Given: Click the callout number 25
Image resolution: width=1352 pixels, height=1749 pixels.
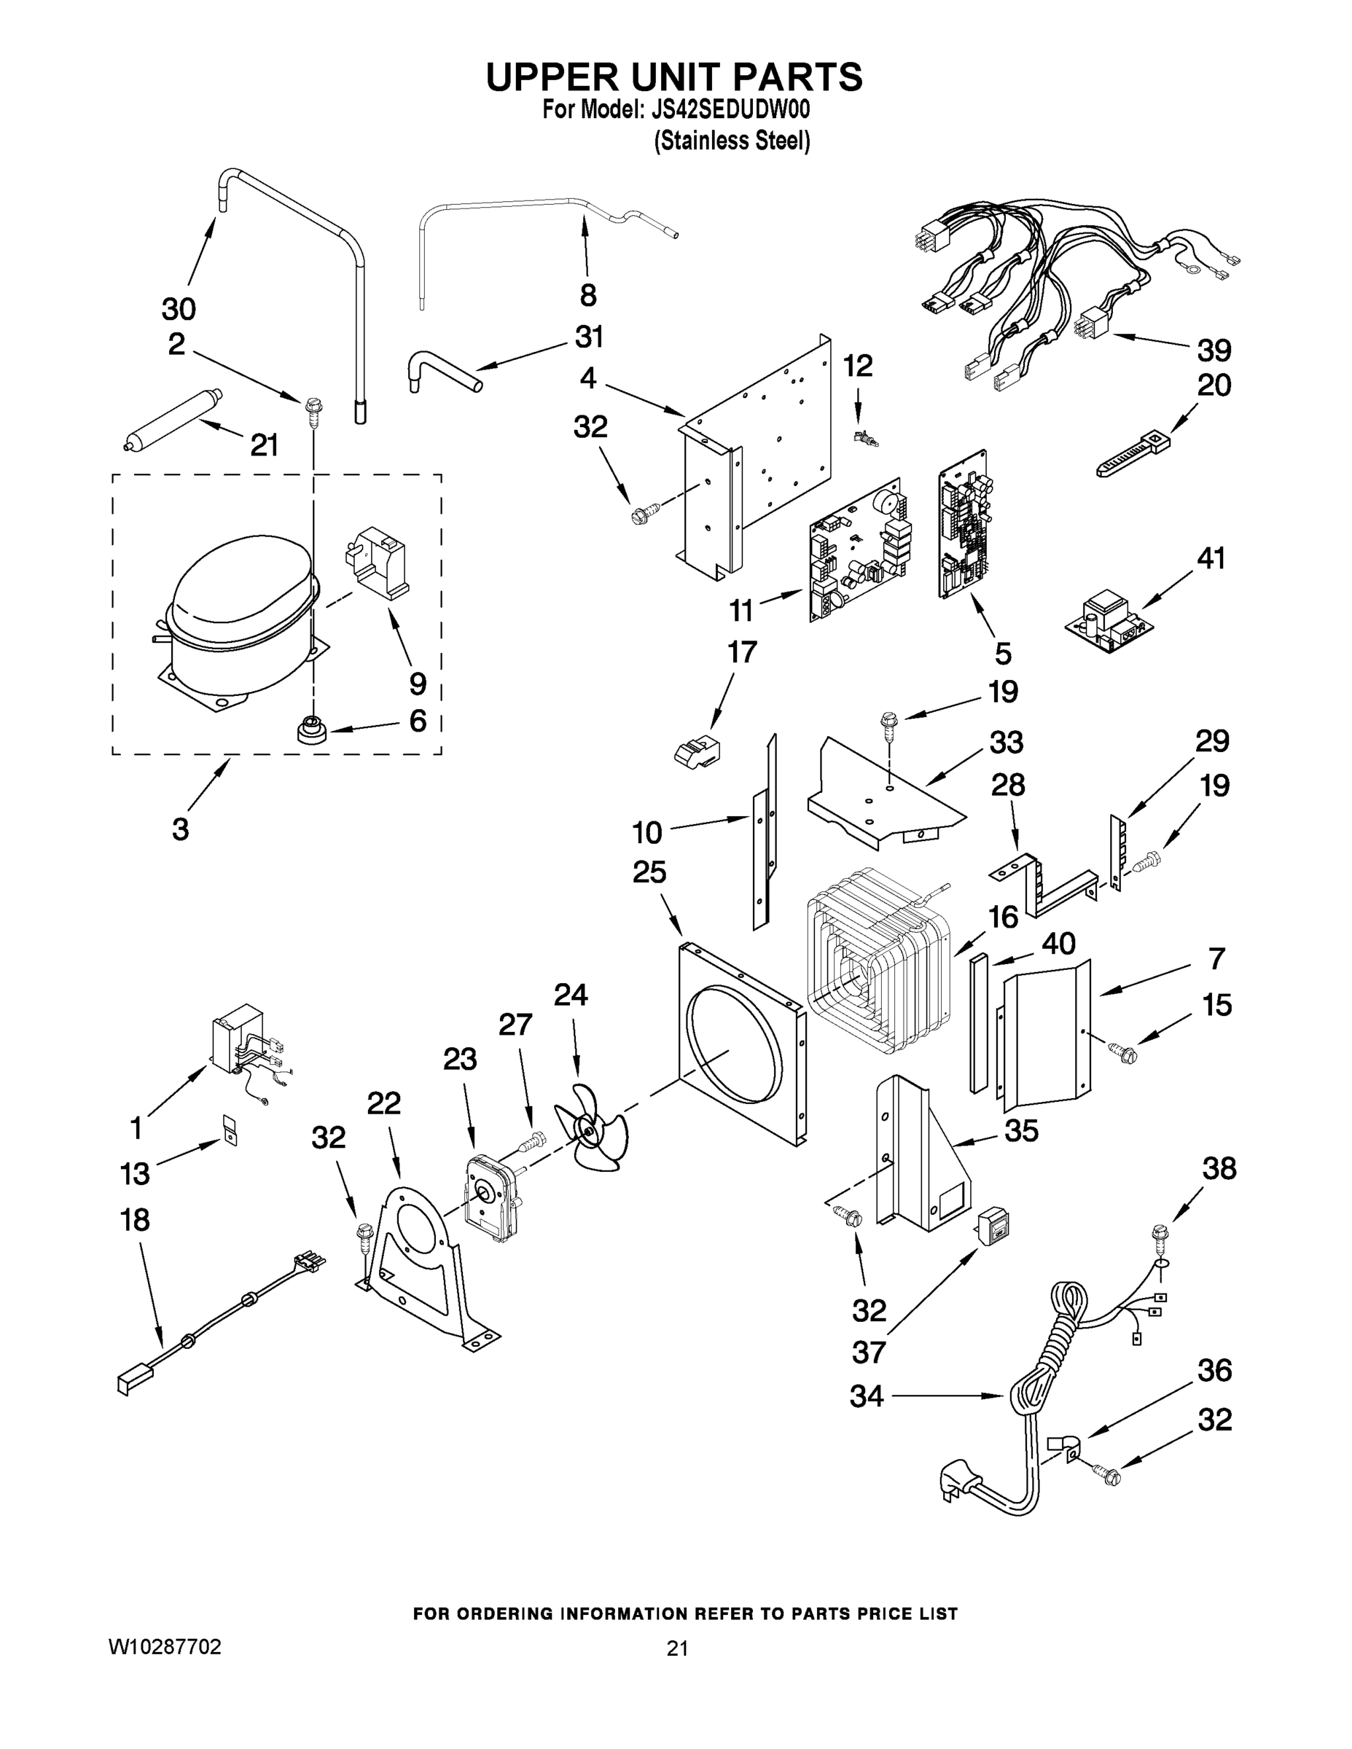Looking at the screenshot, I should (649, 873).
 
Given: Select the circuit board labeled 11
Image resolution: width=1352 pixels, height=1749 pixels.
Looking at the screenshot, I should (856, 552).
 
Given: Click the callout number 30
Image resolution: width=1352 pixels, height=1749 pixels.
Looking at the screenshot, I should (179, 308).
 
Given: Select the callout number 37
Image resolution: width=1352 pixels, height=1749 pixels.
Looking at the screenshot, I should (868, 1353).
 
